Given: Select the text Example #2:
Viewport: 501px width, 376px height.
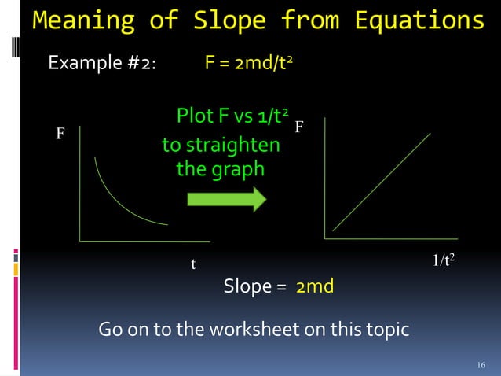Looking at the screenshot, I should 102,63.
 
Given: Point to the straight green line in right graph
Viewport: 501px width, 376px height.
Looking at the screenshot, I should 382,182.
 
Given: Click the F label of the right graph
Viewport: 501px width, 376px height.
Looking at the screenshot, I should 299,127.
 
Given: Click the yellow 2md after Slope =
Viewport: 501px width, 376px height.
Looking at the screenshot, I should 315,286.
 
